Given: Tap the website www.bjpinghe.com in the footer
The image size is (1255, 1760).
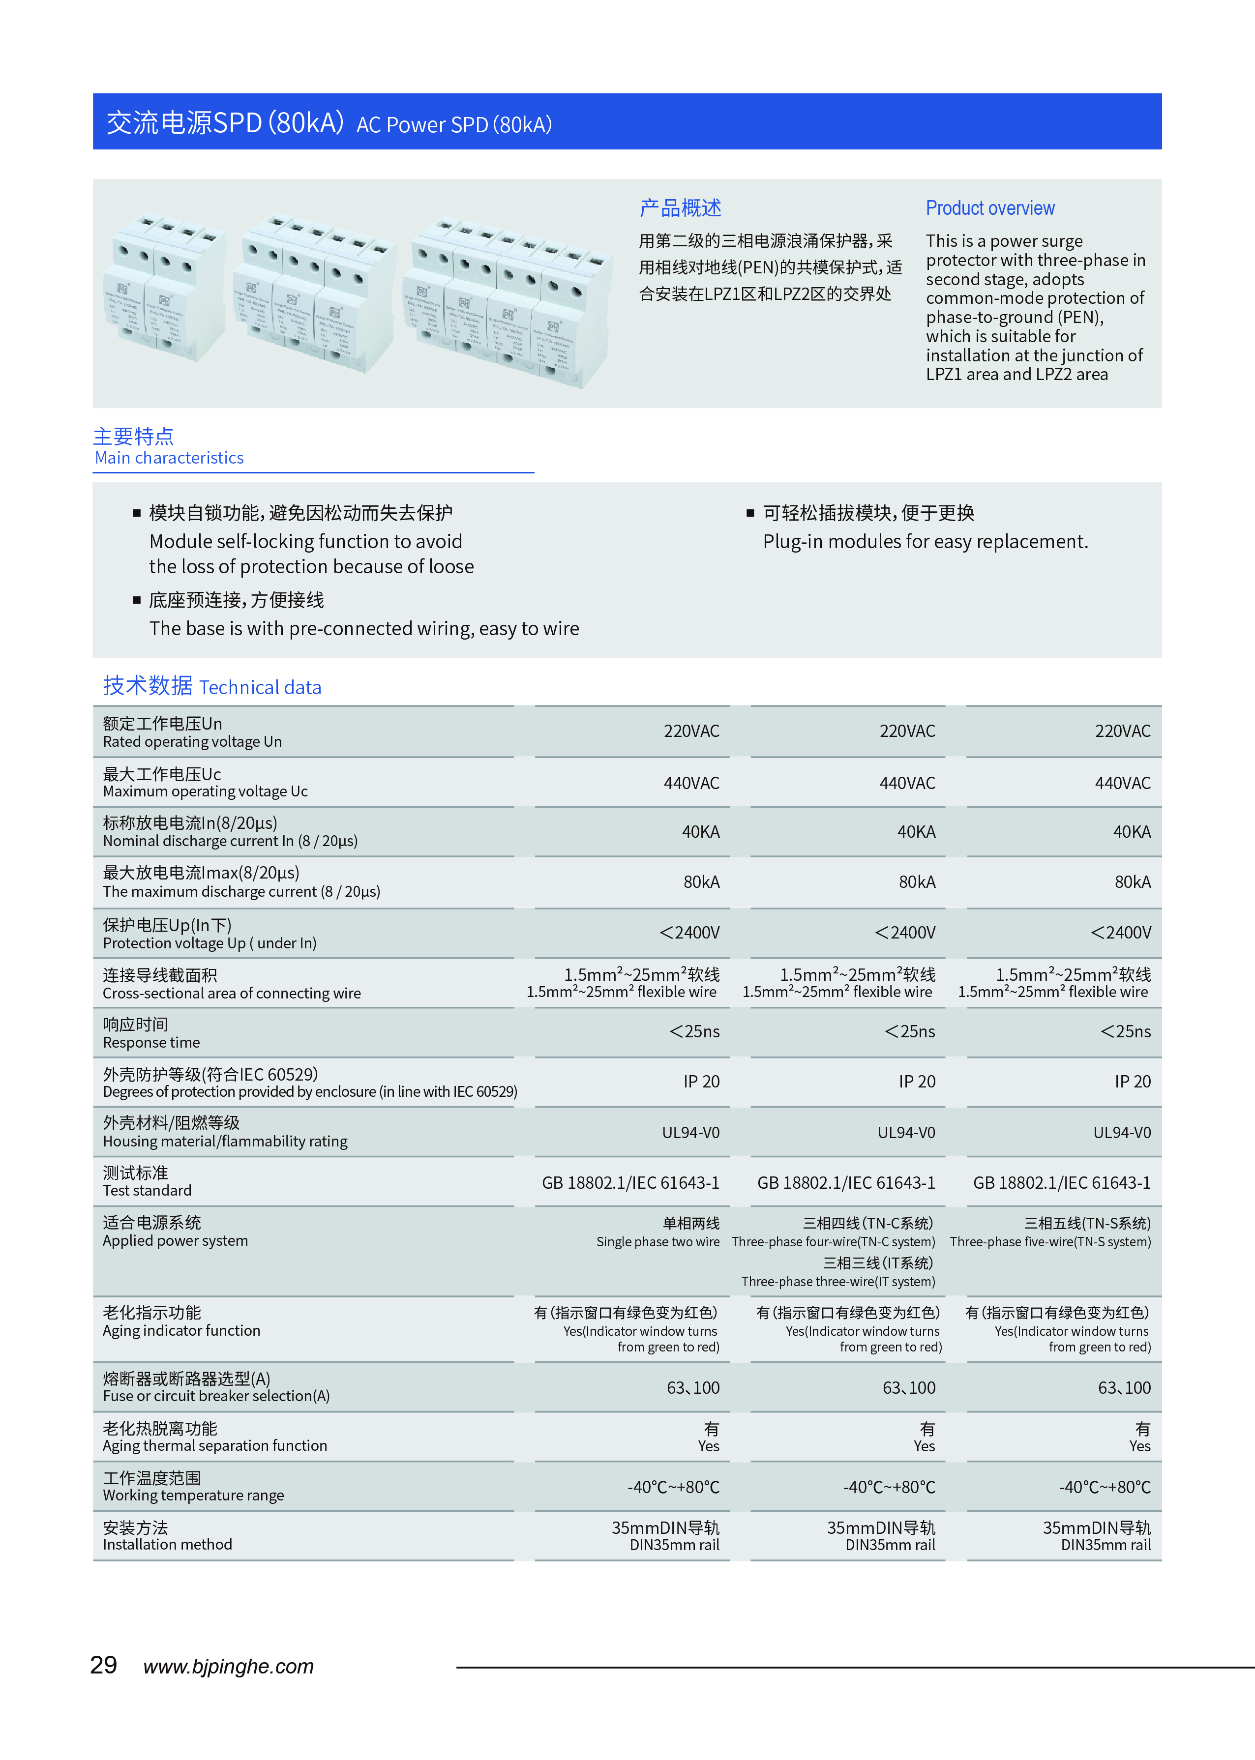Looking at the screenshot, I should [229, 1667].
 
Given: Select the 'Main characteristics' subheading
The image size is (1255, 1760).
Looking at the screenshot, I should [169, 458].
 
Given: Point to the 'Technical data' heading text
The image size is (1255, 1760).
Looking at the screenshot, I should [261, 688].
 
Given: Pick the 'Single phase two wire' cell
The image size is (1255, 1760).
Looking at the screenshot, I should [657, 1241].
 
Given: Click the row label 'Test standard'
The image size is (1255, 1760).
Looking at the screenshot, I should [147, 1191].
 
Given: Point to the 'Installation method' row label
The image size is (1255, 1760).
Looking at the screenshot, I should [168, 1545].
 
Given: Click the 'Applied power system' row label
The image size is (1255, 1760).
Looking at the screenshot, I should [176, 1241].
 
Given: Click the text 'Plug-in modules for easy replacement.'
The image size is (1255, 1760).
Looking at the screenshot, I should [925, 542].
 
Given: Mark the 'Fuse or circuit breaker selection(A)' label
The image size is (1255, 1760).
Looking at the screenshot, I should [216, 1396].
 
